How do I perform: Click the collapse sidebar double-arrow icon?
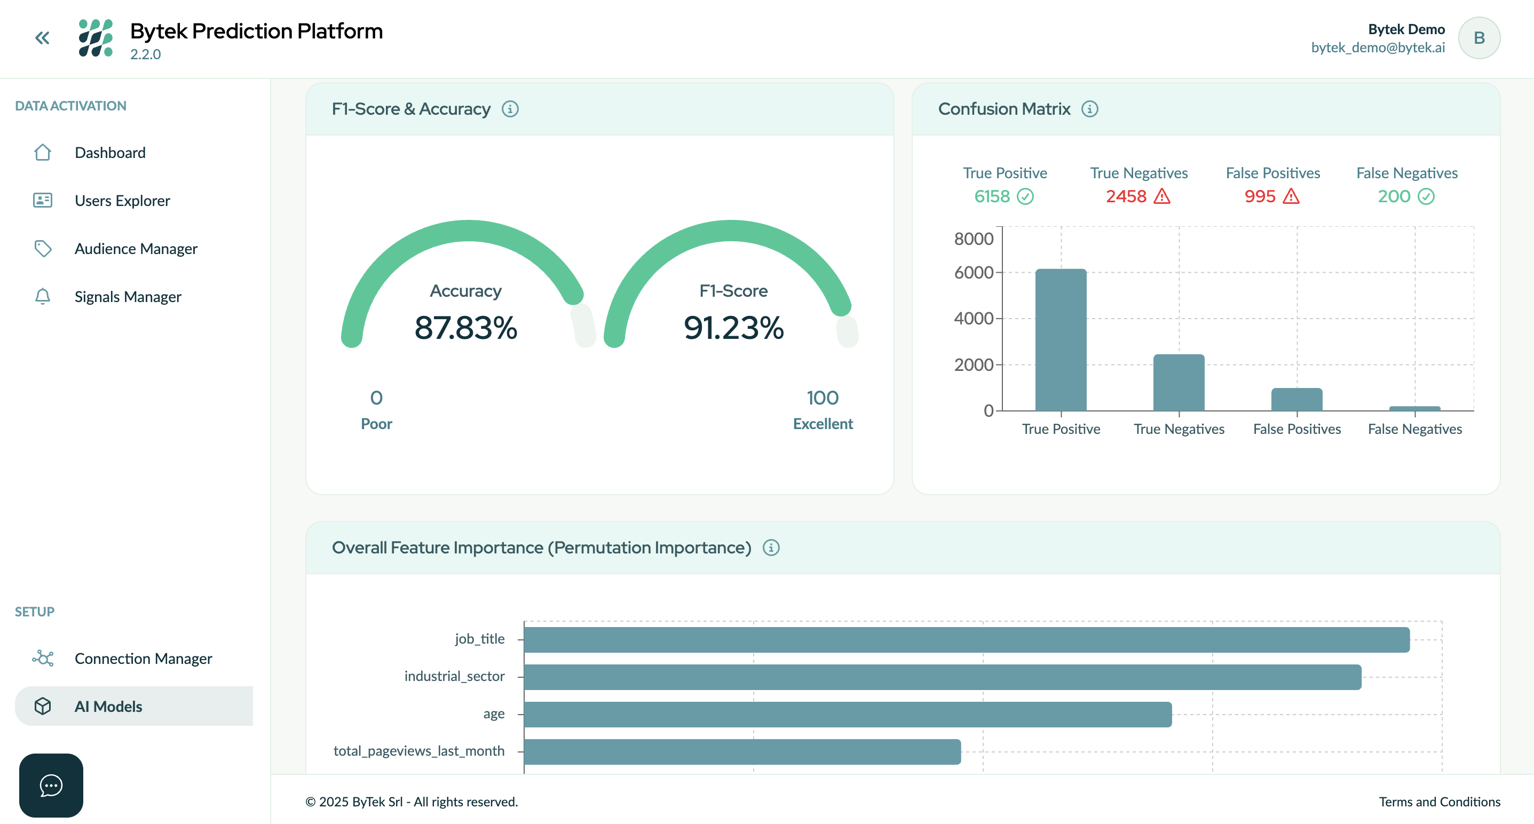click(x=42, y=38)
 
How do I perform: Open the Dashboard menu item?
click(x=109, y=153)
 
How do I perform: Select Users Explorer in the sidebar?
click(x=122, y=201)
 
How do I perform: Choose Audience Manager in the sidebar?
click(x=136, y=248)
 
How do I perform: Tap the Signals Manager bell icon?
click(x=42, y=297)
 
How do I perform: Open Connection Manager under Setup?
click(x=143, y=659)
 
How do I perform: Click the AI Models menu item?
click(x=108, y=706)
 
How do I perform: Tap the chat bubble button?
click(x=51, y=785)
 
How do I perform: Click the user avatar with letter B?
click(x=1478, y=38)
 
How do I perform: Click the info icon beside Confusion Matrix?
click(x=1089, y=109)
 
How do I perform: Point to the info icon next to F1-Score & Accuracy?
click(x=510, y=109)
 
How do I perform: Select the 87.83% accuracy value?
click(x=465, y=328)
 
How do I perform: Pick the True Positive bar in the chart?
click(x=1061, y=339)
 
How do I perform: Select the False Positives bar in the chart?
click(x=1296, y=400)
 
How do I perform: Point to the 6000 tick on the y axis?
click(x=974, y=273)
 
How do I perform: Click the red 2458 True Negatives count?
click(x=1126, y=196)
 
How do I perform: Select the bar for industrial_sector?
click(x=942, y=677)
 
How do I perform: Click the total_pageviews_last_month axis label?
click(x=418, y=751)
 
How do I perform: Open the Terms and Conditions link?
click(x=1440, y=802)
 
